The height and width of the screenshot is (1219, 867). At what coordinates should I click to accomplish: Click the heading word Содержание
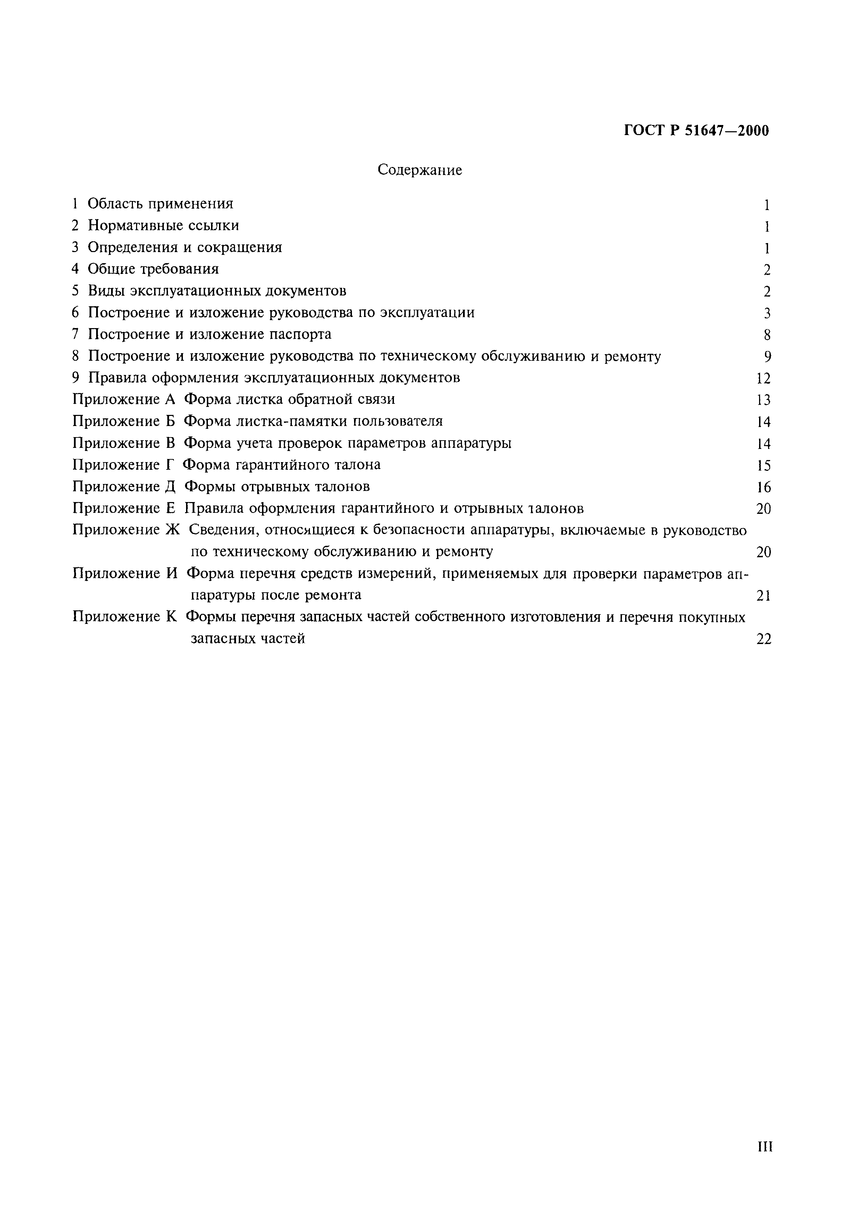pyautogui.click(x=420, y=170)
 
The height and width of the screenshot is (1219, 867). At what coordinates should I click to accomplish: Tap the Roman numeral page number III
pyautogui.click(x=765, y=1147)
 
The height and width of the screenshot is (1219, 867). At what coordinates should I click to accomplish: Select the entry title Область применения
pyautogui.click(x=160, y=204)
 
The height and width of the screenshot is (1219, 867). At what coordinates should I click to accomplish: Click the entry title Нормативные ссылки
pyautogui.click(x=163, y=226)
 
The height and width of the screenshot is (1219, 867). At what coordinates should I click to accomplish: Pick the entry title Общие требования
pyautogui.click(x=153, y=269)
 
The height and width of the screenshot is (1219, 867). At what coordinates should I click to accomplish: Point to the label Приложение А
pyautogui.click(x=124, y=399)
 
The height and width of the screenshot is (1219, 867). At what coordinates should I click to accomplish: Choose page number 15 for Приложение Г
pyautogui.click(x=764, y=466)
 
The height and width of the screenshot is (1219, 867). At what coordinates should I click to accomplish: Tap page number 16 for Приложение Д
pyautogui.click(x=764, y=487)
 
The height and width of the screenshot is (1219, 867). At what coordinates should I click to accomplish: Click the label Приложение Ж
pyautogui.click(x=127, y=530)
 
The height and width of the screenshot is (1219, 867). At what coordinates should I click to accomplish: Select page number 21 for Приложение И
pyautogui.click(x=764, y=596)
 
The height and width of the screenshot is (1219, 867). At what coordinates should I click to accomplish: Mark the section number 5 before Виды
pyautogui.click(x=75, y=291)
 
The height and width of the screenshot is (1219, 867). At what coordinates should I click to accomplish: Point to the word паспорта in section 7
pyautogui.click(x=301, y=335)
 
